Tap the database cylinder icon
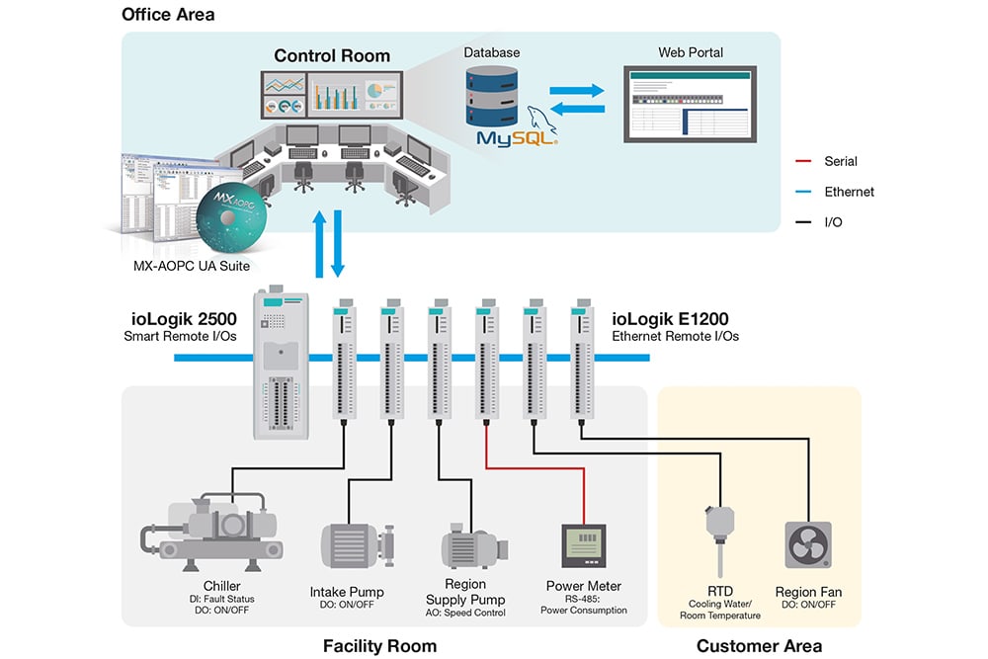point(491,97)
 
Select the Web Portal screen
point(690,104)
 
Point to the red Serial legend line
point(802,161)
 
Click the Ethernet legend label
point(849,192)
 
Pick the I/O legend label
point(833,221)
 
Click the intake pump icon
point(358,546)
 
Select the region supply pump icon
point(474,546)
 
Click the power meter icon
point(584,545)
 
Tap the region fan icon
point(808,545)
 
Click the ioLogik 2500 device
point(281,363)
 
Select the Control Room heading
point(332,55)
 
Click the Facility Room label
point(379,646)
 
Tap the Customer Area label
point(759,646)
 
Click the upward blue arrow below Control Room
point(319,244)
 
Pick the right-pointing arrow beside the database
point(577,90)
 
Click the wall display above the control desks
point(332,95)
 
